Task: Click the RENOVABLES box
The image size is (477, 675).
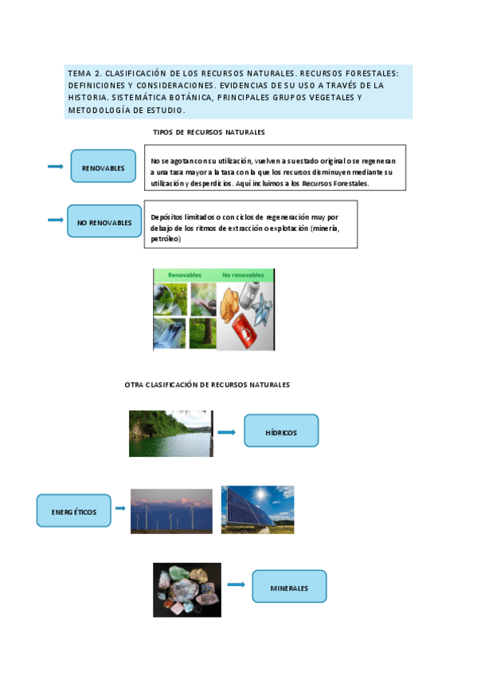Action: tap(103, 167)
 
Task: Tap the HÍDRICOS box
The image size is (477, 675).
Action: tap(280, 431)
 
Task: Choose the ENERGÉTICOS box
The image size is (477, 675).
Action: tap(73, 511)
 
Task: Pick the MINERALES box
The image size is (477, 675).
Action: tap(289, 587)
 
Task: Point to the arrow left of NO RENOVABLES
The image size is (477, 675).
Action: tap(56, 220)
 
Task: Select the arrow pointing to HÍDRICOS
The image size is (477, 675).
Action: tap(227, 432)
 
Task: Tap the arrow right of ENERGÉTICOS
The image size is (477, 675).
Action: tap(120, 508)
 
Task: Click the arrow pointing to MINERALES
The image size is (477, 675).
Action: tap(236, 584)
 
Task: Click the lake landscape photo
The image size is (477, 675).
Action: tap(170, 433)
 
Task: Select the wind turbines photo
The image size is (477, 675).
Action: tap(171, 510)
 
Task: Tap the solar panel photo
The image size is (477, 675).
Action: tap(257, 509)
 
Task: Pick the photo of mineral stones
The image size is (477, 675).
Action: tap(187, 590)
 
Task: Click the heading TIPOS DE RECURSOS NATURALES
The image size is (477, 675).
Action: tap(209, 132)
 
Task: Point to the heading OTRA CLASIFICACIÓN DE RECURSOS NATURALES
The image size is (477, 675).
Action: tap(207, 384)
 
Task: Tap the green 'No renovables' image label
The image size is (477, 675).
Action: tap(243, 275)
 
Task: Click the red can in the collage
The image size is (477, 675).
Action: tap(244, 328)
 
